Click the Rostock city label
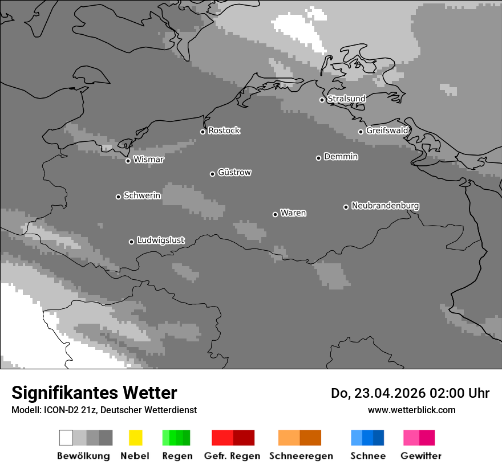click(224, 131)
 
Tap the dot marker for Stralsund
click(322, 100)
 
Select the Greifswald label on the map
click(387, 131)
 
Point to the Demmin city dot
click(318, 158)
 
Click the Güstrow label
click(234, 172)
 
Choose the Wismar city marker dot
click(128, 161)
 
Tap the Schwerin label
click(142, 195)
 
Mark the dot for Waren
click(275, 214)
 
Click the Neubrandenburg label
click(385, 205)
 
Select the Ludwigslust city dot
click(131, 242)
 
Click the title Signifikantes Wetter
click(94, 393)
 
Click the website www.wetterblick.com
click(411, 410)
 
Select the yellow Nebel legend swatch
click(135, 438)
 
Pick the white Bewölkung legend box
click(66, 438)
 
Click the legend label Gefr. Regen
click(232, 456)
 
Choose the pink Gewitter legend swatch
click(411, 438)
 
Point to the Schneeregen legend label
click(301, 456)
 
